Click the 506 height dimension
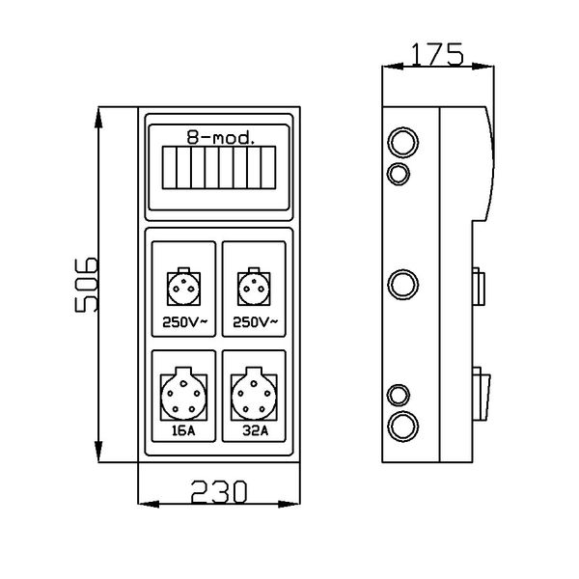pos(86,285)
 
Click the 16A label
pos(183,432)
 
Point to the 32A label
pos(256,432)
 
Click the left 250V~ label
pos(183,322)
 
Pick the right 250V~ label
pos(256,322)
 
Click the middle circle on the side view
pos(401,285)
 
